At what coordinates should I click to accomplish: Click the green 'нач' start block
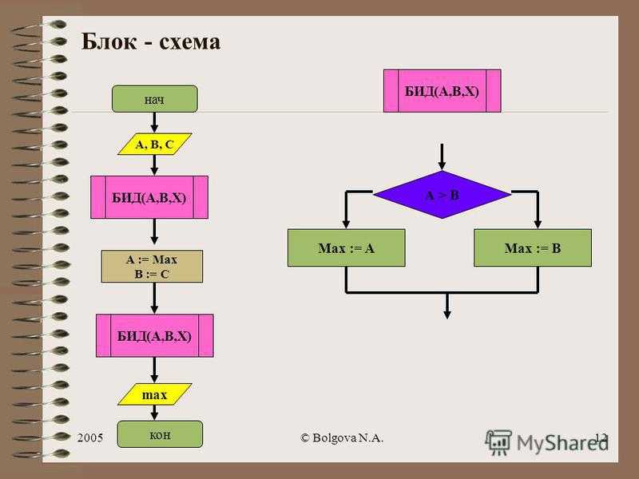(x=155, y=98)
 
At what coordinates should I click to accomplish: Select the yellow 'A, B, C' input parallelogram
(x=154, y=144)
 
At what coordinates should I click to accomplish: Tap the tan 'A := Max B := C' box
(x=152, y=267)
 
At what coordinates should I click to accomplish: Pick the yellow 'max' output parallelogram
(x=154, y=394)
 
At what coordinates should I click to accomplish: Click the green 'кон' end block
(x=160, y=434)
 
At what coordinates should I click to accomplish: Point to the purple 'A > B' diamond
(x=443, y=195)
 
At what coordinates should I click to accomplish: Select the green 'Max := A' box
(x=347, y=247)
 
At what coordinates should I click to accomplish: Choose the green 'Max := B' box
(x=533, y=247)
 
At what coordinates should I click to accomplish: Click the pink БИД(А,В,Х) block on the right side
(x=443, y=91)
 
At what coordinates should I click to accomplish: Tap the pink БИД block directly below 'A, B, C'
(x=149, y=197)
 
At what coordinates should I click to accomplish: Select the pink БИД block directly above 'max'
(x=154, y=335)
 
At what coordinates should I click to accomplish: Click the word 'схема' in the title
(x=189, y=42)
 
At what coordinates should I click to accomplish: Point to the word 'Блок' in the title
(x=109, y=42)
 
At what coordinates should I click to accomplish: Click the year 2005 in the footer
(x=90, y=437)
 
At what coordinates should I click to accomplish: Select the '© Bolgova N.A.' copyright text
(x=342, y=437)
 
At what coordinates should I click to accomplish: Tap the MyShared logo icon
(x=498, y=442)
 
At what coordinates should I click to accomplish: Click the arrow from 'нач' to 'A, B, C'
(x=154, y=122)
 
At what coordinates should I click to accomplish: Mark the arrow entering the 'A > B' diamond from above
(x=442, y=156)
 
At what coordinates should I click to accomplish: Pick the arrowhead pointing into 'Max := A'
(x=346, y=224)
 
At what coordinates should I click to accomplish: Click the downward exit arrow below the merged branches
(x=447, y=306)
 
